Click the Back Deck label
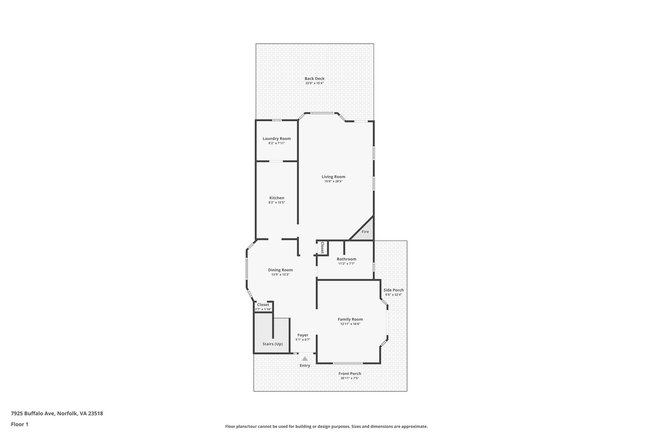[314, 79]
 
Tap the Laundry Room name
[276, 139]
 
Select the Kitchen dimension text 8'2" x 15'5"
[276, 202]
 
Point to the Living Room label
[333, 177]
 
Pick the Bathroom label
[346, 259]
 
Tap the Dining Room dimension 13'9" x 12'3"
[280, 274]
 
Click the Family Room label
[350, 319]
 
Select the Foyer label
[303, 335]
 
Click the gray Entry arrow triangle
[305, 359]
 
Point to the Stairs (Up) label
[272, 344]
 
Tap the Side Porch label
[393, 290]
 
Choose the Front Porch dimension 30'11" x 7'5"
[350, 378]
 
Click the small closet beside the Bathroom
[322, 248]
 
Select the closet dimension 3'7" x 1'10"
[263, 309]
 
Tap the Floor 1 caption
[19, 424]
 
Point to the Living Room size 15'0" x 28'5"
[333, 181]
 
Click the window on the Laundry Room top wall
[276, 120]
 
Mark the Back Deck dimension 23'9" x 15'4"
[314, 83]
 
